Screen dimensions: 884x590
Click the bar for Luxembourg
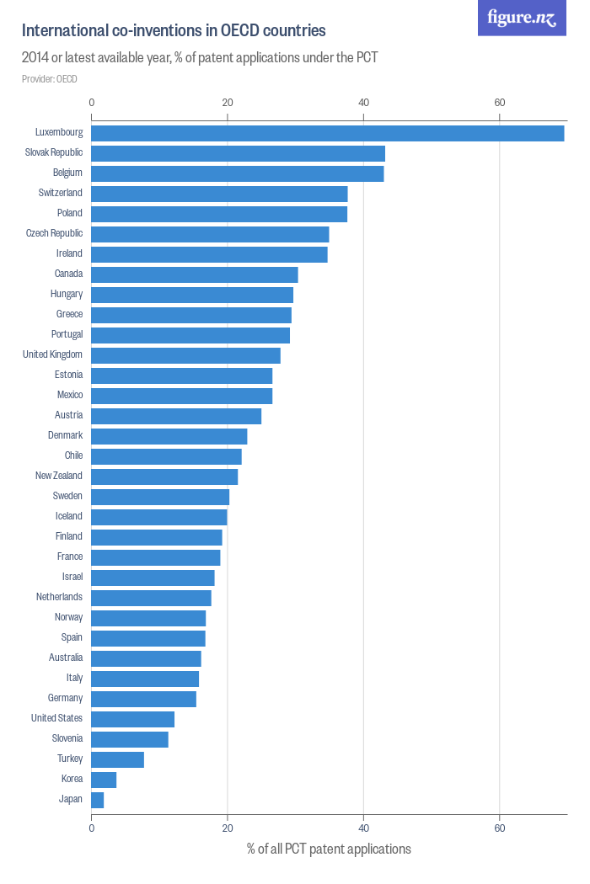point(327,133)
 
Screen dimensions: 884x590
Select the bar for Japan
point(97,800)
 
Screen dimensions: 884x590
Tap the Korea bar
point(104,780)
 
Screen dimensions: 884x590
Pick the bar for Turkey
point(117,759)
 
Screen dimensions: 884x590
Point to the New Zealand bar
point(164,477)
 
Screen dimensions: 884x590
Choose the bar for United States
point(132,719)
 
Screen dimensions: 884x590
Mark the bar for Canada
point(194,274)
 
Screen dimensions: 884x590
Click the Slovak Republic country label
point(54,152)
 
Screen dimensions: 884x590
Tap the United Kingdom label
point(52,354)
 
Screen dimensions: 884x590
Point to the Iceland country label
point(69,516)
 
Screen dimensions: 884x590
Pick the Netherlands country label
point(59,597)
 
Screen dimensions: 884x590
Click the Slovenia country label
point(67,738)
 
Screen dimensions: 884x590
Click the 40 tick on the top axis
point(363,103)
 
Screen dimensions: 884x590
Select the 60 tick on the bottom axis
point(500,828)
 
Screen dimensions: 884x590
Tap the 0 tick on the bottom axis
point(91,828)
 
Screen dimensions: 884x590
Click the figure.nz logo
point(522,18)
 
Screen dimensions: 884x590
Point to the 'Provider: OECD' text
point(49,79)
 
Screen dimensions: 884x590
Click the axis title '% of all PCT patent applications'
point(329,849)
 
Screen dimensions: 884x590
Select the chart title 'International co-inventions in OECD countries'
point(174,31)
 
